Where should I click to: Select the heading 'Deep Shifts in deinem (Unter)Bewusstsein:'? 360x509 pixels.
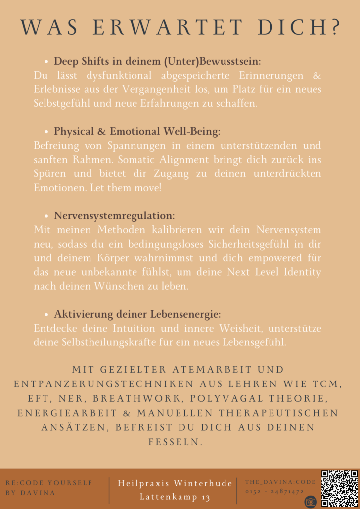pyautogui.click(x=157, y=62)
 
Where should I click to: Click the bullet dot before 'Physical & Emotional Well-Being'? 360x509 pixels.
pyautogui.click(x=46, y=132)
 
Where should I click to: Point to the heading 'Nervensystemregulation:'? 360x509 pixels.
pyautogui.click(x=114, y=216)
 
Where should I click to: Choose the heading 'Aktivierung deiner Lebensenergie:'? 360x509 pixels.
pyautogui.click(x=137, y=314)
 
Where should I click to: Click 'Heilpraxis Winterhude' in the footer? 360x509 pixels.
pyautogui.click(x=175, y=483)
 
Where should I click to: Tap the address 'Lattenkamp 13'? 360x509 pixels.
pyautogui.click(x=175, y=497)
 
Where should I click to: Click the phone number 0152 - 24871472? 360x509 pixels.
pyautogui.click(x=274, y=491)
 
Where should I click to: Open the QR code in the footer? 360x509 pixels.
pyautogui.click(x=339, y=488)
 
